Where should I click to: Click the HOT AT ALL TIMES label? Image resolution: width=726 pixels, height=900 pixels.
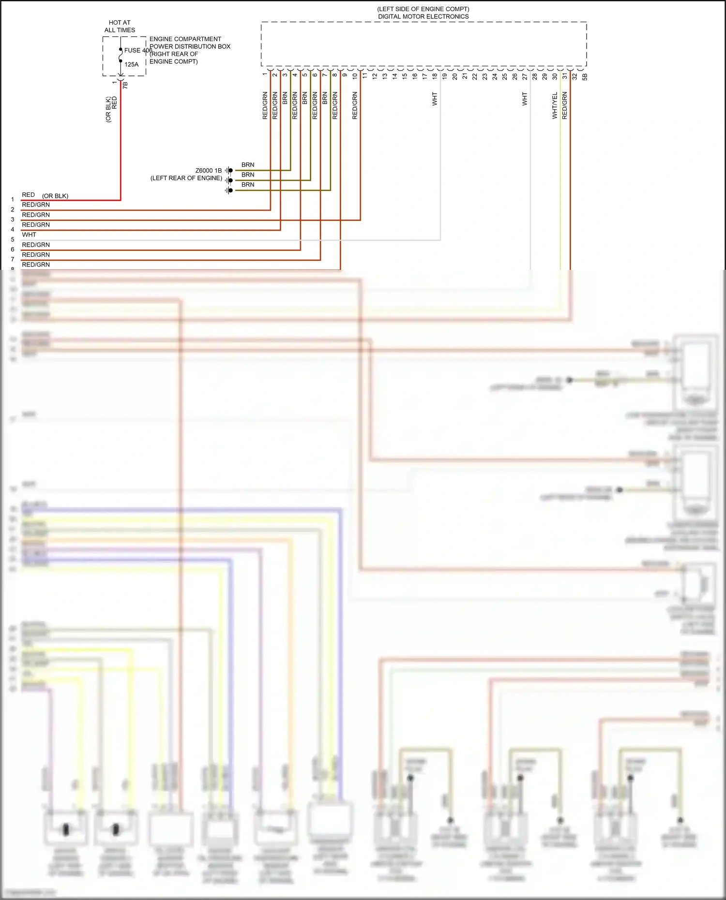120,26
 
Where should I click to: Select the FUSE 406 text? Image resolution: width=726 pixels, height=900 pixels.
138,50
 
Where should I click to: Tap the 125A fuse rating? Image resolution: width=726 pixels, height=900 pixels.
131,64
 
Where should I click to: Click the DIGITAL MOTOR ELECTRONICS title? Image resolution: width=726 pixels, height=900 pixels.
423,16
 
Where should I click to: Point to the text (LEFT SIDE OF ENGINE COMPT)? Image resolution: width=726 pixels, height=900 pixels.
423,9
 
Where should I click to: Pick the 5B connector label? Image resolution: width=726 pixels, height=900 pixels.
585,76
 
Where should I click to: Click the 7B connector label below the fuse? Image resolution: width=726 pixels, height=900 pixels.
125,85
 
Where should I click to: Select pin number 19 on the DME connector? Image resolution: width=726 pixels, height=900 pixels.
444,76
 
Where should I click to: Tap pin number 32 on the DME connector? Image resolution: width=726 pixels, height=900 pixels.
575,76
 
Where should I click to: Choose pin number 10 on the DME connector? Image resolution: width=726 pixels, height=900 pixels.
355,76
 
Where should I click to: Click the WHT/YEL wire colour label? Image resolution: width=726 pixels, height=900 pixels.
555,106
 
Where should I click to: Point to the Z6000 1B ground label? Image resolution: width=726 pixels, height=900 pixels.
209,171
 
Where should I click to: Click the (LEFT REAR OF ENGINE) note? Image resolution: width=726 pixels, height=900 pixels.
186,178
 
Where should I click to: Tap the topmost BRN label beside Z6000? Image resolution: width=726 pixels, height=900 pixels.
248,165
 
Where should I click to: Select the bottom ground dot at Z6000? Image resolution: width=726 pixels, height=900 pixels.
230,191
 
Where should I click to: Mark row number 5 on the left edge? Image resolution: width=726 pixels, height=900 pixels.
13,239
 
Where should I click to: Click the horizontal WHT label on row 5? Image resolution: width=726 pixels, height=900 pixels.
29,235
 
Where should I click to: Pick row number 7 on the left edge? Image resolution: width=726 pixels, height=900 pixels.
13,259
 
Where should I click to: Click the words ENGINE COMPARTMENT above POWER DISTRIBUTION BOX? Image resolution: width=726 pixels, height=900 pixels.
185,39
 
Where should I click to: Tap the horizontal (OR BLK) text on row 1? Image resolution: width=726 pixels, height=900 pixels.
55,196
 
